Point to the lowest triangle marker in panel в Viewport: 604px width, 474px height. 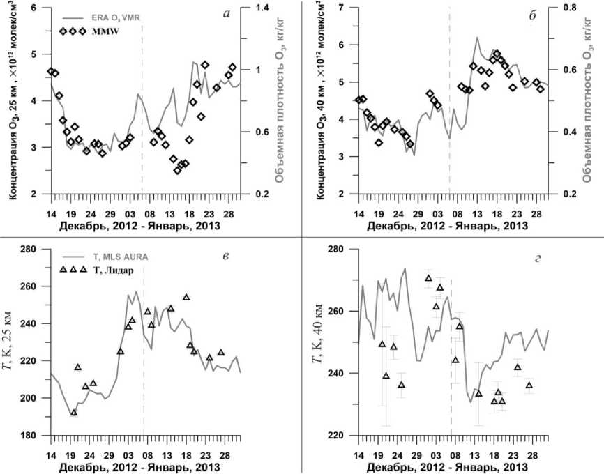74,413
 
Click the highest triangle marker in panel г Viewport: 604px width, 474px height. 428,278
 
